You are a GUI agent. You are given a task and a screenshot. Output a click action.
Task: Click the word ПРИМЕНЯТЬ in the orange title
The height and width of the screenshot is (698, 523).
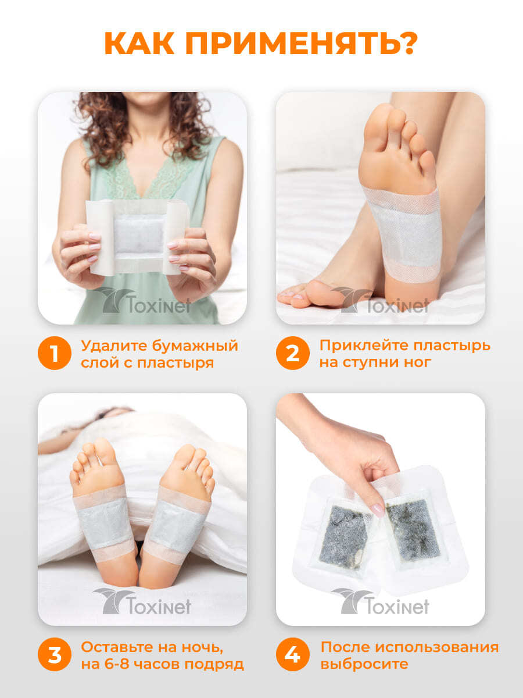(286, 43)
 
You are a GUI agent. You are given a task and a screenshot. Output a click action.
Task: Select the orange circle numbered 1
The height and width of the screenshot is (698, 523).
(55, 353)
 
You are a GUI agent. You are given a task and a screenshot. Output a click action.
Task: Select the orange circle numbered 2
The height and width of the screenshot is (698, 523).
(293, 353)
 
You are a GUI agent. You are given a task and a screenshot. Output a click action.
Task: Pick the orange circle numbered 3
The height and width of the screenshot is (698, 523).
(55, 654)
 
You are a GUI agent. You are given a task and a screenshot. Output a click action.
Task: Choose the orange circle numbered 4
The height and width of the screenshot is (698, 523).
(293, 654)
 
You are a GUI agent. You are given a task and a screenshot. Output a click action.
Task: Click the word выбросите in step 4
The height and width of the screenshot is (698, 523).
(364, 664)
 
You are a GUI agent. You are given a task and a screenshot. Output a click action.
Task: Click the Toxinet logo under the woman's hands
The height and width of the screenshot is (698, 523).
(142, 301)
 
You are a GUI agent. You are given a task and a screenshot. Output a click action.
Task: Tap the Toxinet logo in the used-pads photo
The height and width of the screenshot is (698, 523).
(381, 601)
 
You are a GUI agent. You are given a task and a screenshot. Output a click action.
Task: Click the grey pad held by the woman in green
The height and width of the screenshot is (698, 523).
(138, 234)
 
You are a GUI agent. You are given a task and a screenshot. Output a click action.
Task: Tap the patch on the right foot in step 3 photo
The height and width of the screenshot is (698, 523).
(177, 525)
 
